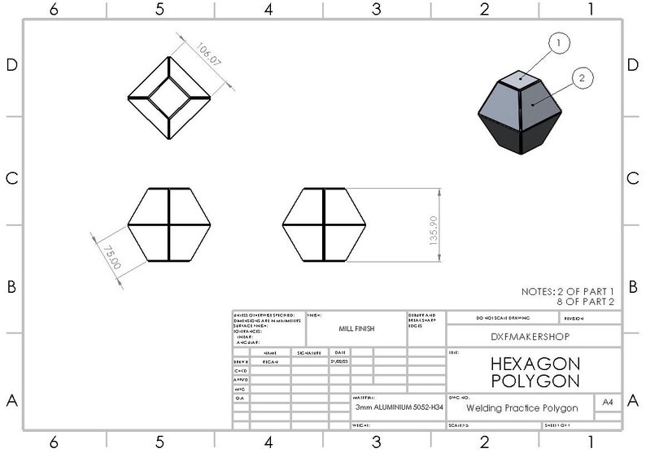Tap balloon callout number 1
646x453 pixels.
pos(561,42)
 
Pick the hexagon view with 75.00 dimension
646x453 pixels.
pos(170,224)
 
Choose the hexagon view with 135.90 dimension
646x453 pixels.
pos(324,224)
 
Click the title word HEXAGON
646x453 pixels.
pos(535,364)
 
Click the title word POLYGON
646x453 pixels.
pos(535,381)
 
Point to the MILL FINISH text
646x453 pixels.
pos(356,329)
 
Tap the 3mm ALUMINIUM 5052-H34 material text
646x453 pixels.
pos(398,407)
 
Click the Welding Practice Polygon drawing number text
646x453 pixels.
pos(522,407)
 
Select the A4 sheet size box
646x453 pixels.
pos(607,403)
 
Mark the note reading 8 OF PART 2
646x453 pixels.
pos(585,302)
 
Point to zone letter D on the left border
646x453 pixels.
pos(11,66)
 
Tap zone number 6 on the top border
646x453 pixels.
pos(54,9)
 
